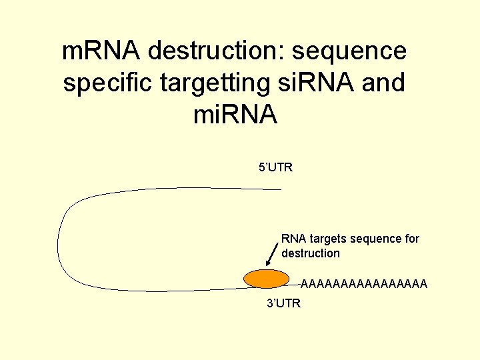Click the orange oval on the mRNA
(x=266, y=279)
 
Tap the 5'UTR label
(x=275, y=167)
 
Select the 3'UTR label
(x=283, y=304)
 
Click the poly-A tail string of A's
(x=364, y=285)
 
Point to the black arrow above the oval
(x=272, y=253)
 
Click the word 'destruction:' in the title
(x=218, y=51)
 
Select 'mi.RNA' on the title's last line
(x=235, y=115)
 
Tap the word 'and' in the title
(x=383, y=83)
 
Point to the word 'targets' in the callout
(x=327, y=239)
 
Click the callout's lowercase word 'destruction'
(x=311, y=253)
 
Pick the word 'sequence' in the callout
(x=376, y=239)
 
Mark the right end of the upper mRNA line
(x=280, y=189)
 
